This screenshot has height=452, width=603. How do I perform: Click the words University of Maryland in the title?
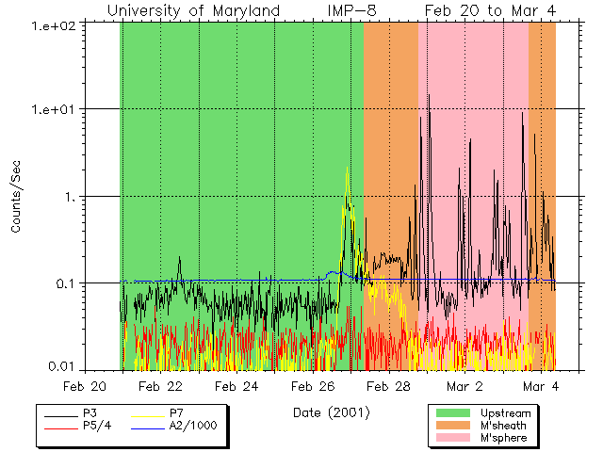(x=193, y=10)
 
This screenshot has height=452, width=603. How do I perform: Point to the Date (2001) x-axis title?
(x=332, y=412)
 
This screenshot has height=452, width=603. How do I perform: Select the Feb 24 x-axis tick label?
(x=236, y=386)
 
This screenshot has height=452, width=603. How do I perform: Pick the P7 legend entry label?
(x=176, y=413)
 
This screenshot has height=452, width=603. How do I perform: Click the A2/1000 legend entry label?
(x=192, y=426)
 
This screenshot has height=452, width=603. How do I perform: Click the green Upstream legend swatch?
(x=452, y=413)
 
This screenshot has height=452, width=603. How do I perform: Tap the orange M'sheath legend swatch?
(x=452, y=426)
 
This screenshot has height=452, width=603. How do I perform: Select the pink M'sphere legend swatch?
(x=452, y=439)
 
